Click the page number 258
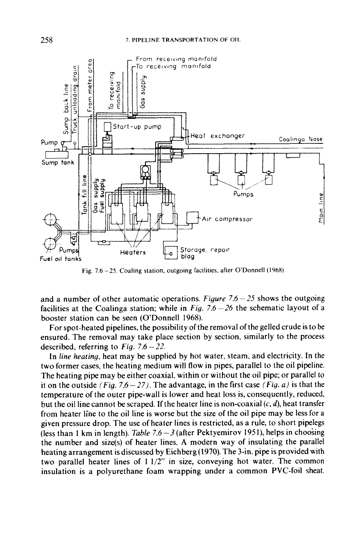click(x=47, y=40)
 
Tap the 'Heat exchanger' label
click(x=217, y=136)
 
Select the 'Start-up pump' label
click(x=137, y=127)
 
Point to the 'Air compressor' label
click(x=227, y=219)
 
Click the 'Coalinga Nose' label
click(x=301, y=139)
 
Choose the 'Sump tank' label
click(x=58, y=163)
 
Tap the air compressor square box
click(x=192, y=218)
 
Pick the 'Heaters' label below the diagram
click(x=133, y=252)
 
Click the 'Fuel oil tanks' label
click(x=61, y=259)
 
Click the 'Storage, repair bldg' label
click(x=205, y=253)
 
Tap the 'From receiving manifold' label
click(x=176, y=59)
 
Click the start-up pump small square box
click(x=107, y=127)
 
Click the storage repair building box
click(x=171, y=253)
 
